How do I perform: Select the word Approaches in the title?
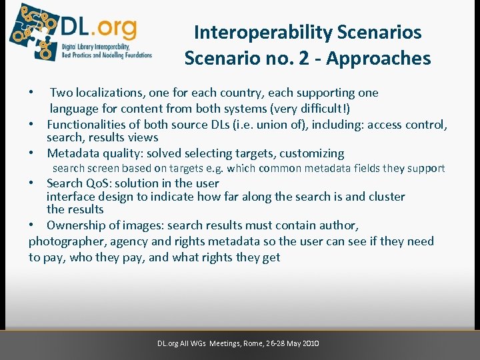(x=379, y=59)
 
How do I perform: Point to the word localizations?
(x=109, y=93)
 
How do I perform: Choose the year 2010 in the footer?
(x=310, y=343)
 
